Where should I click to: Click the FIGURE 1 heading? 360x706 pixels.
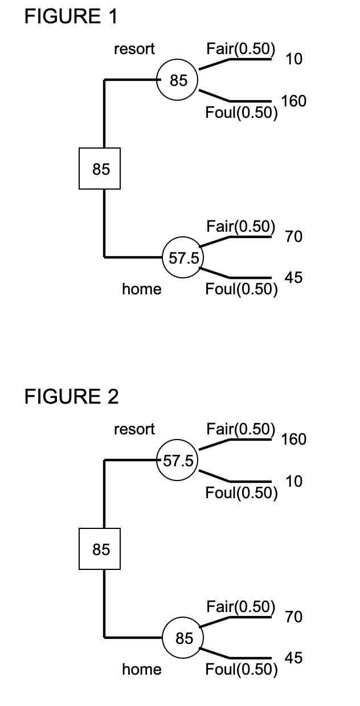coord(71,17)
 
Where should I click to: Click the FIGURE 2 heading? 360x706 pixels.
coord(72,397)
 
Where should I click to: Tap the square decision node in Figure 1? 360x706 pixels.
coord(100,169)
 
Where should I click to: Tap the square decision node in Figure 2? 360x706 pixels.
coord(100,549)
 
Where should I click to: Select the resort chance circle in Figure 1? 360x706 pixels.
coord(178,80)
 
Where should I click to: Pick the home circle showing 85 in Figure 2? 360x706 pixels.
coord(183,638)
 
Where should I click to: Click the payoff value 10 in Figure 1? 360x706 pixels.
coord(294,59)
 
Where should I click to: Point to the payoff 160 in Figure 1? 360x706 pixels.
coord(294,101)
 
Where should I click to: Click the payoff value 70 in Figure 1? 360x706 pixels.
coord(294,236)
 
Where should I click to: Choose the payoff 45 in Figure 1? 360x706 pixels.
coord(294,278)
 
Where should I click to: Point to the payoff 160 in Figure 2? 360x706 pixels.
coord(294,439)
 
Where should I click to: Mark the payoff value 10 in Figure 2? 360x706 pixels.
coord(294,482)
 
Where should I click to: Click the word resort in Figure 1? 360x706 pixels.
coord(134,49)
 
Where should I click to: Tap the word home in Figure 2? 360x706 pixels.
coord(142,670)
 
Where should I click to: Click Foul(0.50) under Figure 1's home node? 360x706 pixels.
coord(242,290)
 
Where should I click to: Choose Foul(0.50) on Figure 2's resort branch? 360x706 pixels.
coord(242,492)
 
